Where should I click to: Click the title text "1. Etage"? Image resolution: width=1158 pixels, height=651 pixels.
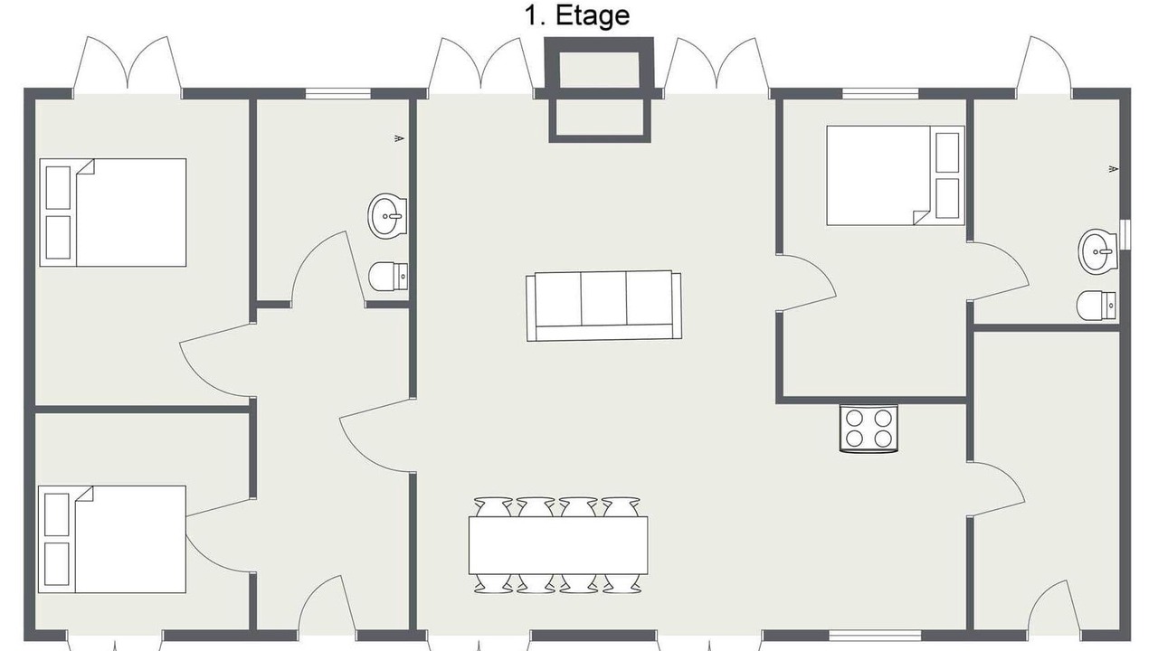point(577,16)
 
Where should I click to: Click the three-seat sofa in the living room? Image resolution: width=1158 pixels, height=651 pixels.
point(603,306)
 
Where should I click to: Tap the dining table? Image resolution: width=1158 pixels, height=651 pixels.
point(558,545)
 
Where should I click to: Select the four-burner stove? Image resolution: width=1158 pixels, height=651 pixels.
point(868,429)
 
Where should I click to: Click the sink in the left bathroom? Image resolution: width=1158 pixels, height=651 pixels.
point(387,216)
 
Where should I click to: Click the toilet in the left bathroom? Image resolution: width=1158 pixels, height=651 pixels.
point(388,277)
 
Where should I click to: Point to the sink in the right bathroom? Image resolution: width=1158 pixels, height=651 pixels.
point(1097,251)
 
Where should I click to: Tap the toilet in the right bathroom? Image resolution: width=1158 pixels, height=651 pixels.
point(1096,306)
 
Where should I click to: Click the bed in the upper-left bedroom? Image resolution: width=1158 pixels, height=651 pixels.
point(113,212)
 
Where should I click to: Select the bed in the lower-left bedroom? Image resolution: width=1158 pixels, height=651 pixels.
point(112,539)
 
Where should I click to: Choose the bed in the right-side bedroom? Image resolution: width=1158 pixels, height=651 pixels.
point(896,175)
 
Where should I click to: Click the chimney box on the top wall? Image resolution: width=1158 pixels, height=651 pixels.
point(600,89)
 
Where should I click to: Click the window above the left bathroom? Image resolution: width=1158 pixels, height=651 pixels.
point(338,93)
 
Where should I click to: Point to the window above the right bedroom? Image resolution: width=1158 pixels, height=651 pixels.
point(880,93)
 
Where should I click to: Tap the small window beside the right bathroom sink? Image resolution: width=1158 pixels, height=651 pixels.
point(1125,235)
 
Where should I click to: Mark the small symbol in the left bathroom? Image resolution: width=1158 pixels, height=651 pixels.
point(399,138)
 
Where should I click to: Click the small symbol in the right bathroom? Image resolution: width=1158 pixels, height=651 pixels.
point(1114,169)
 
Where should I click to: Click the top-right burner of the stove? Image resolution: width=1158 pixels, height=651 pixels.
point(883,418)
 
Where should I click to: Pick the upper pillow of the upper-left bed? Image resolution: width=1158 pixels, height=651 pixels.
point(59,187)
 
